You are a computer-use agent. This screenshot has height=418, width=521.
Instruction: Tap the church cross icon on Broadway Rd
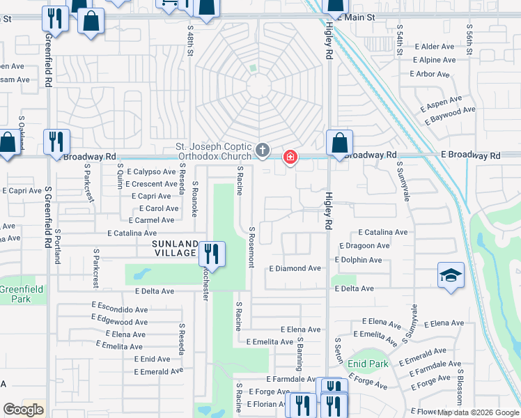coord(263,150)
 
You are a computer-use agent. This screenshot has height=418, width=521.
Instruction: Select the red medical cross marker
coord(290,159)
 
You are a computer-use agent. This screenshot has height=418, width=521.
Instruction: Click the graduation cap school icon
coord(451,275)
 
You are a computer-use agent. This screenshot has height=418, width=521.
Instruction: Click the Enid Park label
coord(368,364)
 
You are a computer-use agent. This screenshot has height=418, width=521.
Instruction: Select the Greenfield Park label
coord(21,293)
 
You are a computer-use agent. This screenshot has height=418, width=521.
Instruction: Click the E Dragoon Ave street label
coord(364,246)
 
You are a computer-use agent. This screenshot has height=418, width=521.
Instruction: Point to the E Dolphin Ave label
coord(358,260)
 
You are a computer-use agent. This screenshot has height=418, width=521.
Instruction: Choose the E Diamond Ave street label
coord(295,268)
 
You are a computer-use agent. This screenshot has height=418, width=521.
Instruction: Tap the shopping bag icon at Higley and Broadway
coord(339,144)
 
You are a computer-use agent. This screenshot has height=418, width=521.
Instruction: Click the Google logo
coord(23,410)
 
